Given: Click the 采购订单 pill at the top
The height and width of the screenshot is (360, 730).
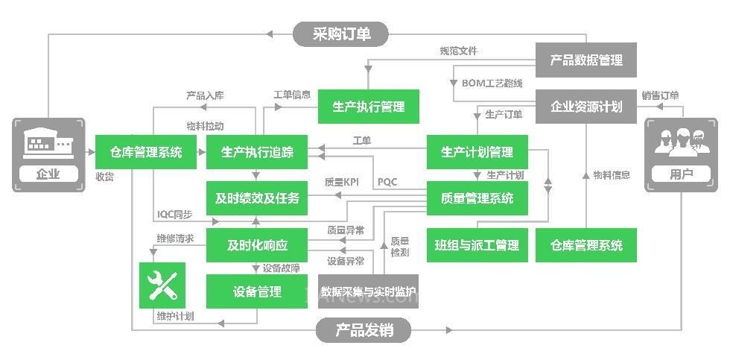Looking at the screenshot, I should pos(341,34).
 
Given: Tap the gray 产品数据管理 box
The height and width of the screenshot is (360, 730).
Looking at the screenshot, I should pos(586,60).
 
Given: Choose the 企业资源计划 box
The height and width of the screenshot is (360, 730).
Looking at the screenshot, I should pos(586,107).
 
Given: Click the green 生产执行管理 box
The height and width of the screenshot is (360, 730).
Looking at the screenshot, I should pos(369,107).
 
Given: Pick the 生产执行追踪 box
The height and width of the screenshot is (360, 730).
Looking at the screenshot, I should pos(257,153).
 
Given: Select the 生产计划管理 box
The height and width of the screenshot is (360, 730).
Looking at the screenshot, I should pos(477,153).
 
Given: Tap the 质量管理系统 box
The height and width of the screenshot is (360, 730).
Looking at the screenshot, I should pos(477,198).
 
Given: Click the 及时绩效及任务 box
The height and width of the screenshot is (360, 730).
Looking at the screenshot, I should pos(257,198).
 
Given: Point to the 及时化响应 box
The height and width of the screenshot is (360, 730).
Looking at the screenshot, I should pos(257,244).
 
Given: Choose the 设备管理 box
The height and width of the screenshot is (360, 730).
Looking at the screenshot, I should pos(257,291).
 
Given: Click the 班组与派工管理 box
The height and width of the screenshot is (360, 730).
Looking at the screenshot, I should pos(477,244).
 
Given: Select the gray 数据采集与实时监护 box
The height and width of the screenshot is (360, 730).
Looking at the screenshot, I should pos(368,291).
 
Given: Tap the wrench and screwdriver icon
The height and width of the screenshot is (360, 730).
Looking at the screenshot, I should pos(162,285).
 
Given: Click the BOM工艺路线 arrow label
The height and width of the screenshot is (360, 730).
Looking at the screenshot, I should pos(492,83).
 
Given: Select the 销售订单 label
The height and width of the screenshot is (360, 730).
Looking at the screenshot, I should pos(660,95).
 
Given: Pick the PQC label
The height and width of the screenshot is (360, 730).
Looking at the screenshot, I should pos(387,182).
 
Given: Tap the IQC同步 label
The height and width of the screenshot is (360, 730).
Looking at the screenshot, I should pos(174,215).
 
